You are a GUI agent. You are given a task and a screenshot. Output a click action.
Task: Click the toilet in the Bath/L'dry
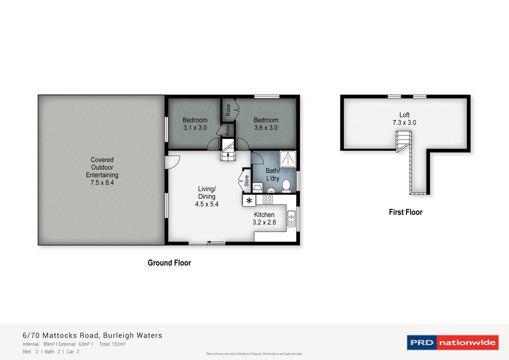point(286,186)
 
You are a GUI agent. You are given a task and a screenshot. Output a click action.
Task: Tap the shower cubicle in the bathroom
point(288,159)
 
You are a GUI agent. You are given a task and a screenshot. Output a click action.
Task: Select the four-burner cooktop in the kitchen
point(268,200)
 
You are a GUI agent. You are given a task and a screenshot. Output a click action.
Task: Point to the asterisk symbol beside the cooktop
point(249,201)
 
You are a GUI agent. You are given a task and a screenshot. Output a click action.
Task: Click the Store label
point(247,181)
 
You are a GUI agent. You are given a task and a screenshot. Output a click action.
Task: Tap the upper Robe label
point(228,110)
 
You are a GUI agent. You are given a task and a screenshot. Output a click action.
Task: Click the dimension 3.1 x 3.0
point(195,128)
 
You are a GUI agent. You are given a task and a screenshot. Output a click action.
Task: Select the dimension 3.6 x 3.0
point(266,128)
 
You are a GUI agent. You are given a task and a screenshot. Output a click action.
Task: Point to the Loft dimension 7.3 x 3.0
point(404,123)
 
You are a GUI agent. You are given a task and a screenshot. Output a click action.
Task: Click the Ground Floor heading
point(169,263)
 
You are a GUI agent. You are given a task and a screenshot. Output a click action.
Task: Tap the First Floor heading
point(406,212)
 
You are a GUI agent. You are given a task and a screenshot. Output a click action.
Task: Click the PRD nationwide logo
point(453,342)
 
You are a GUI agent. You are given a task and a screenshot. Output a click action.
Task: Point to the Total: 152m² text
point(112,344)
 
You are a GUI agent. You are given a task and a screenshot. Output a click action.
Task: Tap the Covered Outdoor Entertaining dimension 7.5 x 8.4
point(102,183)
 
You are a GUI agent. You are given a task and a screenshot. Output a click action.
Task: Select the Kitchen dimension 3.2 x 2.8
point(264,222)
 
